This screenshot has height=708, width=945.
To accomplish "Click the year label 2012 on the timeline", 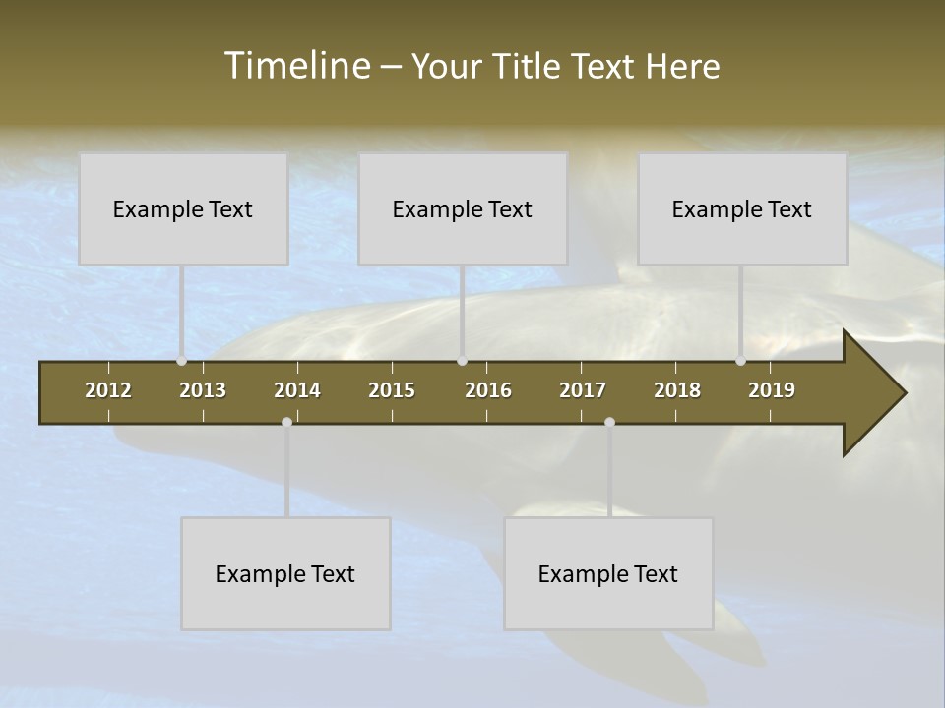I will [x=108, y=390].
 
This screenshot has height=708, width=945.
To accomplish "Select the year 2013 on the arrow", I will [x=203, y=390].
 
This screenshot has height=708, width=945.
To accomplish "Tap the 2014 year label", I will [x=297, y=390].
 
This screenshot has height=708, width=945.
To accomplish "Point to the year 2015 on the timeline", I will [x=392, y=390].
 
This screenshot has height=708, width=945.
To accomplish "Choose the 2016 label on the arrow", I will [x=488, y=390].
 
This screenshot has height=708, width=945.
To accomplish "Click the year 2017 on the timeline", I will [x=583, y=390].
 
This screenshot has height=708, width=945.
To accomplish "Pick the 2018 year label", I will [x=677, y=390].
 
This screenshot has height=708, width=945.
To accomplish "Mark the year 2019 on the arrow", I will [x=772, y=390].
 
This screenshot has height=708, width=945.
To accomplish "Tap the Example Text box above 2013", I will [x=183, y=208].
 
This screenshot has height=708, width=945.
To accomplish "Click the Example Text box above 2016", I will [x=463, y=208].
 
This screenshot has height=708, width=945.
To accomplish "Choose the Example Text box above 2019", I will [x=742, y=208].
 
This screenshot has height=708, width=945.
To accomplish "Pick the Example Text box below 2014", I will [x=285, y=573].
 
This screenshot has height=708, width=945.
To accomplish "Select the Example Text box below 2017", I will [x=608, y=573].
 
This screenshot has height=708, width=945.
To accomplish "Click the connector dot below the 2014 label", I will [x=286, y=422].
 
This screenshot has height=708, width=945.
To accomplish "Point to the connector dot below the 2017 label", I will [x=609, y=422].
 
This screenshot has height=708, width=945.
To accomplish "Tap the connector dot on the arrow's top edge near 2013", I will [x=181, y=361].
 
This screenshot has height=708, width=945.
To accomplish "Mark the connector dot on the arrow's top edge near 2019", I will [x=740, y=361].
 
